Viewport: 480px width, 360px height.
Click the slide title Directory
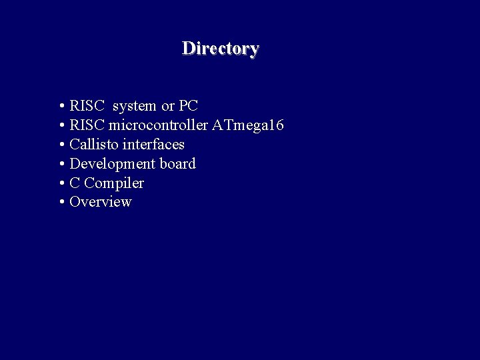220,49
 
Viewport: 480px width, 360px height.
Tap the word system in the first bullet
135,106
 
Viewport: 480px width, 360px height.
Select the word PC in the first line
189,106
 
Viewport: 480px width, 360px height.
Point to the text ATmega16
248,125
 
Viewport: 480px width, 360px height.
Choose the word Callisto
94,145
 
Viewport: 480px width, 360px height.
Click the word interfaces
153,145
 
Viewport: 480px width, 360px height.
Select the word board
177,164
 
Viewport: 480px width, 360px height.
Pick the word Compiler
114,183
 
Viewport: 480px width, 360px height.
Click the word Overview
101,202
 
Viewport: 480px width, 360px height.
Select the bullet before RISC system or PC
61,107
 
